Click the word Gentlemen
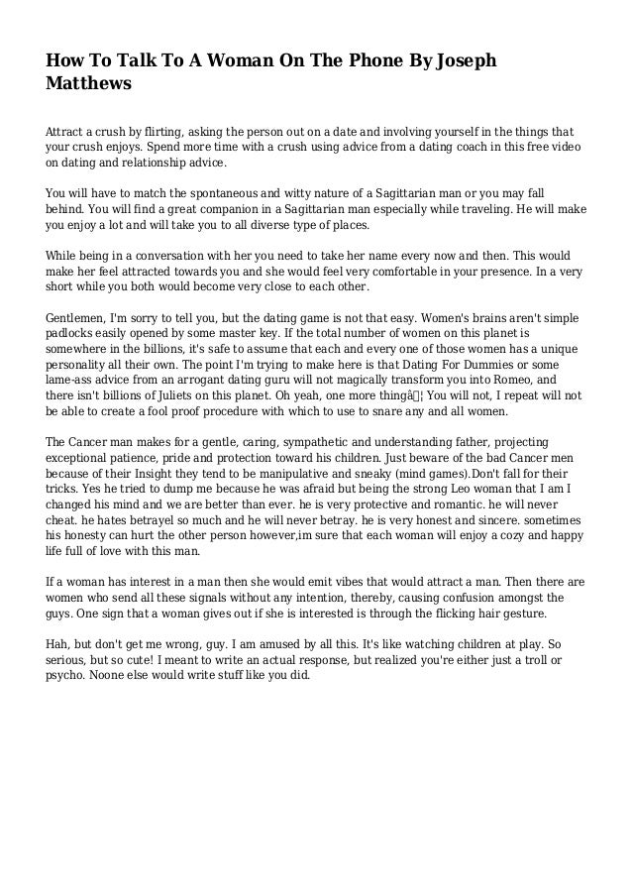click(x=80, y=318)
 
